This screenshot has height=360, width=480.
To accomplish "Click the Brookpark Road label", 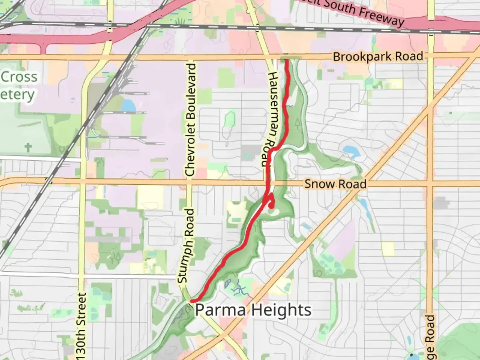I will (x=378, y=57).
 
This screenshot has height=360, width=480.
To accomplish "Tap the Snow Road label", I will (x=335, y=184).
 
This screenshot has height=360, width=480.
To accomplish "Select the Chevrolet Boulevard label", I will (x=190, y=119).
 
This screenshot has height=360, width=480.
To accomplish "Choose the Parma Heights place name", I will (x=253, y=310).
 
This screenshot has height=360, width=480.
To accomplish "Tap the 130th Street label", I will (x=81, y=326).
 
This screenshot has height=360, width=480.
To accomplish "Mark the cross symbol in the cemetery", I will (x=28, y=147).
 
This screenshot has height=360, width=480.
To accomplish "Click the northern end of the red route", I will (x=286, y=60).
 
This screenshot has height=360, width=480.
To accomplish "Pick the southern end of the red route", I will (x=192, y=301).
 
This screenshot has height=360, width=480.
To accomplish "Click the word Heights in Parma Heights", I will (x=281, y=310).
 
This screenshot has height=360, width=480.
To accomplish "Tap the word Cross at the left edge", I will (x=19, y=77).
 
